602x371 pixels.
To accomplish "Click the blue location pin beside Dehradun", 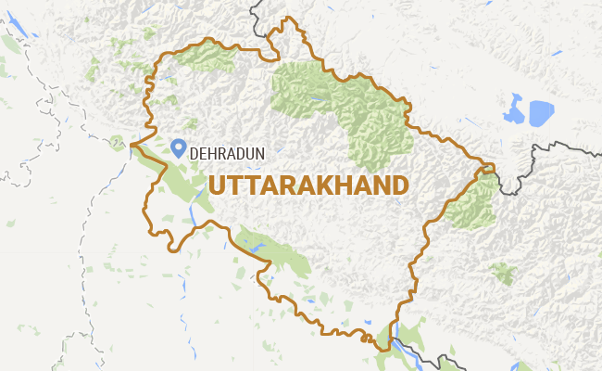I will (180, 147).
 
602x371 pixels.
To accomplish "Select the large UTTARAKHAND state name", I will (307, 184).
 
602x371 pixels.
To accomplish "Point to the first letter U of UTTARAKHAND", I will (217, 184).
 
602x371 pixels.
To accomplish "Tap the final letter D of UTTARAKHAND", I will (398, 184).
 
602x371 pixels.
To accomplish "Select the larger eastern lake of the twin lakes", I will (540, 112).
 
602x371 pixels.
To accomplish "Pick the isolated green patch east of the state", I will (503, 273).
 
